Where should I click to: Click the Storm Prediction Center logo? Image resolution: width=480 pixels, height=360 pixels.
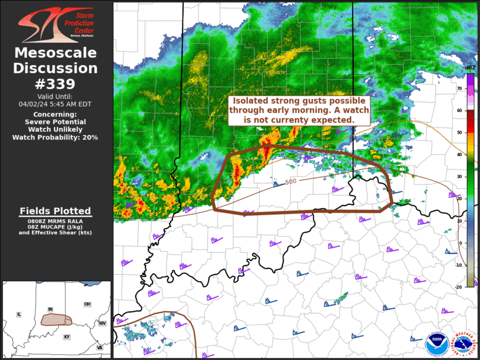coord(56,24)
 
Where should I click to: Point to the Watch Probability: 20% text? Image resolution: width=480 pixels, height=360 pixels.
coord(55,137)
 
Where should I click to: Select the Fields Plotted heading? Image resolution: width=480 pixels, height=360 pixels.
coord(55,211)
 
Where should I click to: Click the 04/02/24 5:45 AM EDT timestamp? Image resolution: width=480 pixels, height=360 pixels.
coord(56,103)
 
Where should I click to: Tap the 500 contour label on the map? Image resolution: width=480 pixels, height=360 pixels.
coord(291,181)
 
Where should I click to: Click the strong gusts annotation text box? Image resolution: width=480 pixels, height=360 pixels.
coord(300,110)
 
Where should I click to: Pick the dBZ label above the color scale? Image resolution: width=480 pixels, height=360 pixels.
coord(469,68)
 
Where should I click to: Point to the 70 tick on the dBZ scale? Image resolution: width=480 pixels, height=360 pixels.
coord(460,88)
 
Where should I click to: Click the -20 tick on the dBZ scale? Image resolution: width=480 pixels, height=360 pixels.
coord(459,287)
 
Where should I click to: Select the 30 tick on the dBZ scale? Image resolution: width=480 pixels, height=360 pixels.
coord(460,177)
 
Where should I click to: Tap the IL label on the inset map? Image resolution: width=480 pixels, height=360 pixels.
coord(19,315)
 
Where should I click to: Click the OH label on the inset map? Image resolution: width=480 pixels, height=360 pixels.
coord(87,304)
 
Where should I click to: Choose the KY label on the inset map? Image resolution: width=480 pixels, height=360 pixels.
coord(67,336)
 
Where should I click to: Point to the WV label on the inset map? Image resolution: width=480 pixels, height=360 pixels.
coord(101,323)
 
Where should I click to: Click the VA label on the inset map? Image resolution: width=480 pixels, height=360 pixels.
coord(100,347)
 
